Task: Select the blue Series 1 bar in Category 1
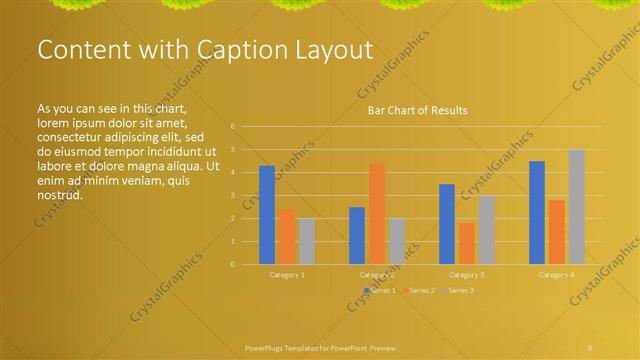click(x=267, y=215)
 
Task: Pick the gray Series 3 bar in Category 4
click(x=577, y=207)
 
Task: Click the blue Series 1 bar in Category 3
click(x=447, y=224)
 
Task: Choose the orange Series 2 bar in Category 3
click(x=467, y=243)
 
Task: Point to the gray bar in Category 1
click(x=307, y=241)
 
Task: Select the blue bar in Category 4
click(x=537, y=212)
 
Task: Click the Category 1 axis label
click(x=288, y=274)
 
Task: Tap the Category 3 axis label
click(x=467, y=274)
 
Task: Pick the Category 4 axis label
click(x=557, y=274)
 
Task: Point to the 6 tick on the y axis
click(x=232, y=126)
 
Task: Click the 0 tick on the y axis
click(x=232, y=264)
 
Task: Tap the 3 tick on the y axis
click(x=232, y=195)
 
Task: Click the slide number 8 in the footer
click(x=590, y=346)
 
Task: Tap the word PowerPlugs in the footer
click(x=267, y=346)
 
